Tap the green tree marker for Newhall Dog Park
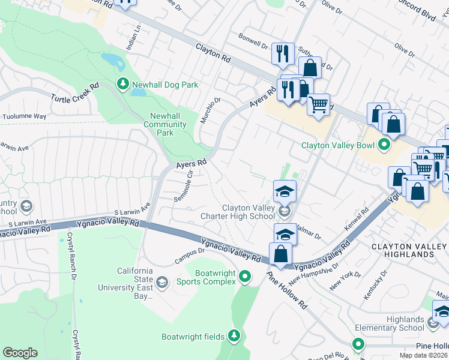click(122, 85)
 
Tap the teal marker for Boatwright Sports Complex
click(245, 277)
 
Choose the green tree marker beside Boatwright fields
click(235, 336)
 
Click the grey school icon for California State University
click(161, 282)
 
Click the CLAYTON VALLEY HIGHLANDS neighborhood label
click(409, 250)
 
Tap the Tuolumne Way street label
click(24, 116)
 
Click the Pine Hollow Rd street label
click(287, 290)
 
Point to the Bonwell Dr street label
click(253, 44)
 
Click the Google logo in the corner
click(20, 353)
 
